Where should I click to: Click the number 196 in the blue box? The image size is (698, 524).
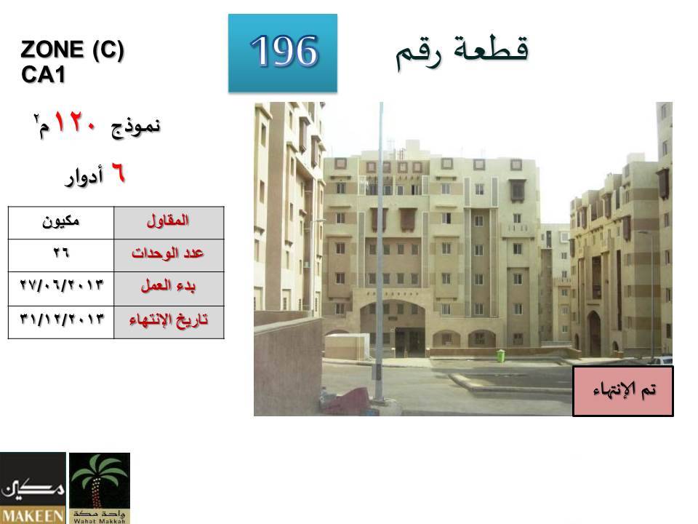click(284, 51)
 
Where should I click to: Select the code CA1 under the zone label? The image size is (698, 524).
click(43, 74)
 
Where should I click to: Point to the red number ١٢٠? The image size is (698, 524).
click(75, 122)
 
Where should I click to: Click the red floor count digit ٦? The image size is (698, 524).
click(118, 173)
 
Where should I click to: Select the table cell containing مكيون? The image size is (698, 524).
click(61, 223)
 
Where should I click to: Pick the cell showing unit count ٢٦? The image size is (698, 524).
click(61, 255)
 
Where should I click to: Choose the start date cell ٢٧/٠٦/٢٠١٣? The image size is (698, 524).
click(61, 289)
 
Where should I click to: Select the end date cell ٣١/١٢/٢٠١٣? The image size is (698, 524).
click(61, 322)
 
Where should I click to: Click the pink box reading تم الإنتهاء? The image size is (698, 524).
click(623, 392)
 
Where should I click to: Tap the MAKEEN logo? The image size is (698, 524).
click(33, 488)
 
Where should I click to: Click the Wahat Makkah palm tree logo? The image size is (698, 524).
click(100, 488)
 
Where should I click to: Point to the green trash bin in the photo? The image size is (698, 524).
click(501, 355)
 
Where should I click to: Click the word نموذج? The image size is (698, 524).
click(136, 127)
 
